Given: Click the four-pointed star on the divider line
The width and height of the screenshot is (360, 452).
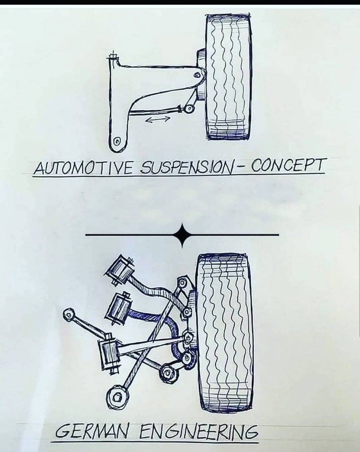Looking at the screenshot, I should tap(182, 235).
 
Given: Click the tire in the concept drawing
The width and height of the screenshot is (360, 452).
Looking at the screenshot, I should tap(228, 75).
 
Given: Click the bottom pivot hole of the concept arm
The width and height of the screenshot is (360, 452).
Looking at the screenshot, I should tap(117, 142).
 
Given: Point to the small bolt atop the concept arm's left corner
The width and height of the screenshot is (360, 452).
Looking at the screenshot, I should tap(112, 58).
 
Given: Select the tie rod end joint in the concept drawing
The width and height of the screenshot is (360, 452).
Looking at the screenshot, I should tap(188, 109).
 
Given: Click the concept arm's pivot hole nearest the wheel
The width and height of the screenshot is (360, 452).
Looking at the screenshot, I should tap(196, 75).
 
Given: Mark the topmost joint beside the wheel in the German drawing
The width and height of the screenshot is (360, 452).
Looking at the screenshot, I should tap(182, 282).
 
